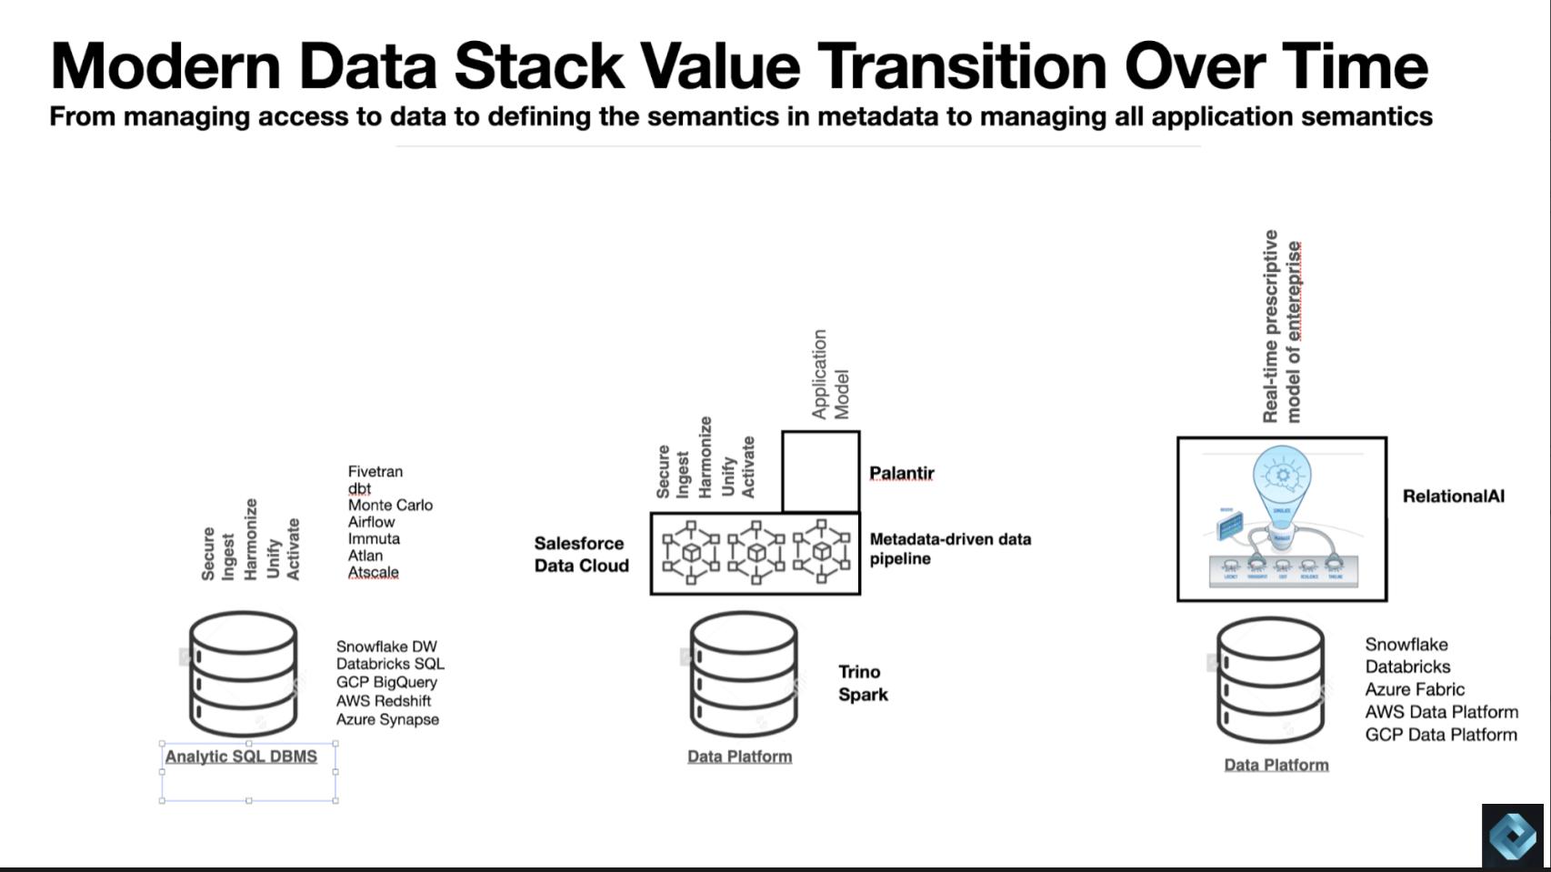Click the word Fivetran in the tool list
coord(375,472)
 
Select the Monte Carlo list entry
coord(390,506)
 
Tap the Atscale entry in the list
coord(373,573)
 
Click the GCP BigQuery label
coord(386,683)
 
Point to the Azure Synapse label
coord(387,720)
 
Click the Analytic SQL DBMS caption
coord(241,757)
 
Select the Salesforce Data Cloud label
coord(581,555)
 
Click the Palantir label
coord(901,474)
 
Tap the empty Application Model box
coord(820,472)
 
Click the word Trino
coord(859,672)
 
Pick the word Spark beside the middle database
coord(863,695)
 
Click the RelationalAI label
coord(1453,496)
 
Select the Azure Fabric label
coord(1414,690)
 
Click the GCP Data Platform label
coord(1440,736)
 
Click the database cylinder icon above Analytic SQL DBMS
coord(243,674)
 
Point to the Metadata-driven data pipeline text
coord(949,549)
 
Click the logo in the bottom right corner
coord(1512,835)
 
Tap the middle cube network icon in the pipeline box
coord(755,553)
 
